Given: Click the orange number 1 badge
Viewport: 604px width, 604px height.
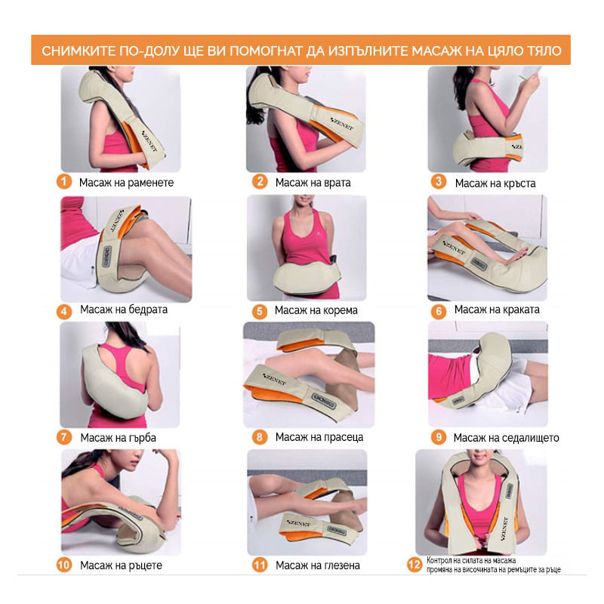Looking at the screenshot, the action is tap(64, 181).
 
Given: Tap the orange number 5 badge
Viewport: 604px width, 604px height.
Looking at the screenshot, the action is tap(260, 311).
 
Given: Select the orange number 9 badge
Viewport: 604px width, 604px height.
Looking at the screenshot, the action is tap(439, 437).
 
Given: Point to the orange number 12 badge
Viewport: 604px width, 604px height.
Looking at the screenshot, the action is tap(414, 565).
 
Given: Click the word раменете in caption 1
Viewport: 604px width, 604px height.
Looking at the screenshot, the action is tap(149, 183).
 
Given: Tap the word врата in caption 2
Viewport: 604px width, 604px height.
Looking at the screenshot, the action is tap(336, 183).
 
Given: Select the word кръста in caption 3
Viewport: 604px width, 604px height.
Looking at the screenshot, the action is tap(519, 183).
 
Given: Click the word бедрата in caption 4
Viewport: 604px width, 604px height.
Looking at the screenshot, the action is tap(147, 310).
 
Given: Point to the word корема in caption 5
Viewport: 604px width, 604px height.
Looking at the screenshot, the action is tap(340, 310).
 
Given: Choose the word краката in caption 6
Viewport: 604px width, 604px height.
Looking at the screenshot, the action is tap(520, 310).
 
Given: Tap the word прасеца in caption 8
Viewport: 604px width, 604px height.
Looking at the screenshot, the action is tap(344, 437).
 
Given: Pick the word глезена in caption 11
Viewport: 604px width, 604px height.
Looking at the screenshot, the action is tap(341, 565).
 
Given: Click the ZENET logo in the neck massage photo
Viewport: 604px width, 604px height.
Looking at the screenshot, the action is tap(342, 124).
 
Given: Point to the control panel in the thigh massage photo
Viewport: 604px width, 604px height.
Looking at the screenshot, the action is tap(106, 257).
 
